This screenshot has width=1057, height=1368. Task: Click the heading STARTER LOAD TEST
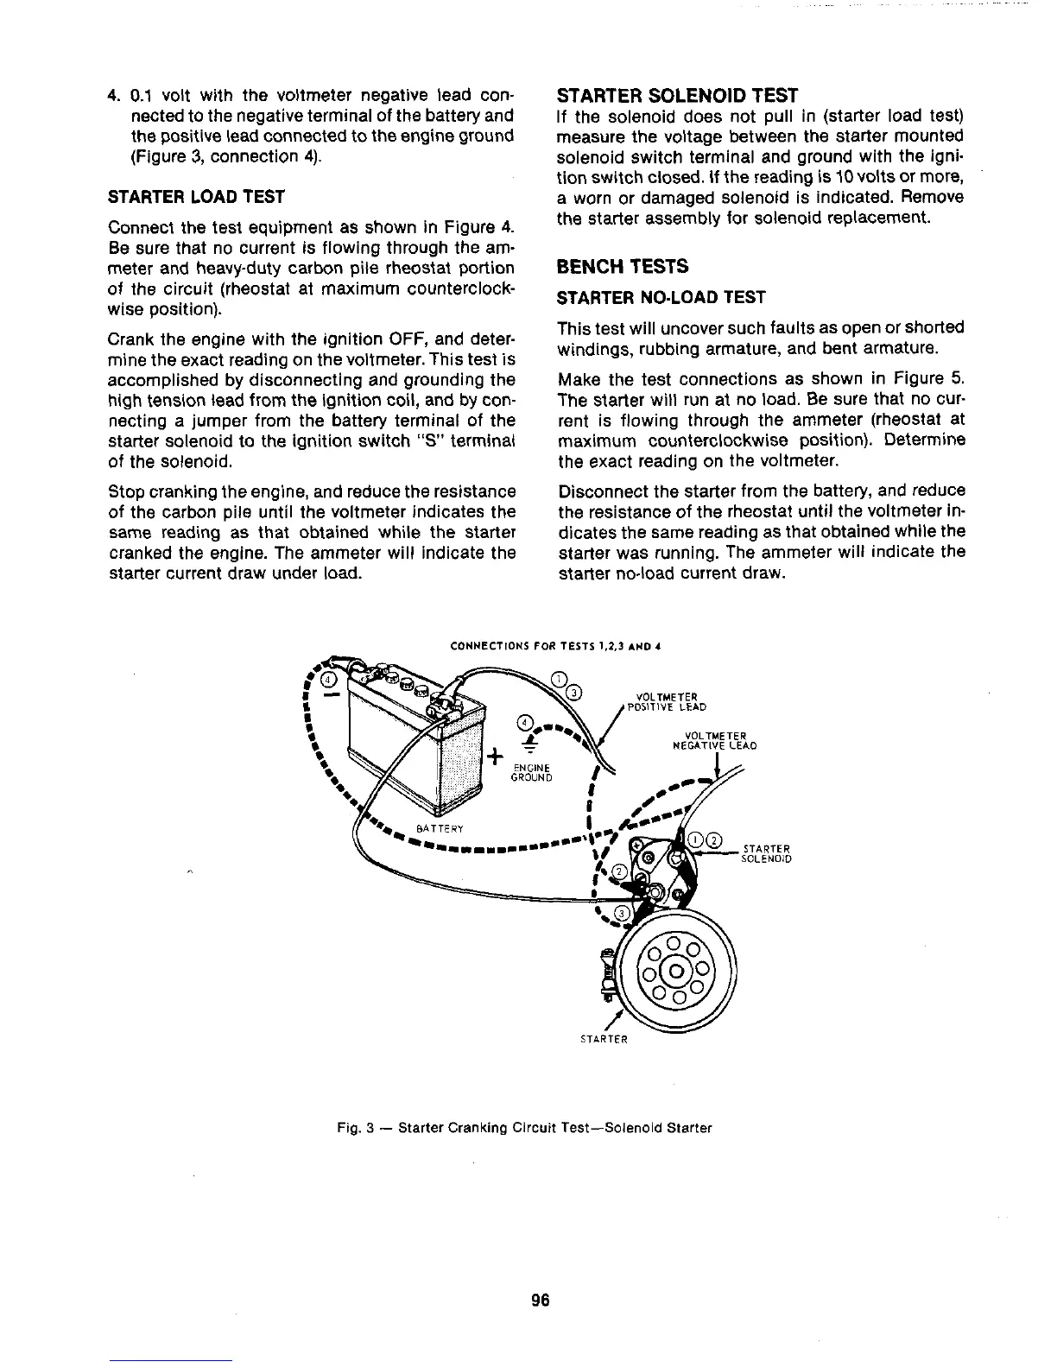click(x=196, y=197)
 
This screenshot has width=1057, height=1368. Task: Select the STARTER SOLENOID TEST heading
click(x=678, y=94)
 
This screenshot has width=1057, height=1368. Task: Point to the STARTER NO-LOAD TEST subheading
click(x=661, y=297)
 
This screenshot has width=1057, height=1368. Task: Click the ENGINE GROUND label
click(x=533, y=770)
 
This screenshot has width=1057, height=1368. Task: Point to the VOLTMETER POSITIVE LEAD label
click(x=666, y=702)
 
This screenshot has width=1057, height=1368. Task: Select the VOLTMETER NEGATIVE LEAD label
click(x=715, y=741)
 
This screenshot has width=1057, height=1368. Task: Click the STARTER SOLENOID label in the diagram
click(x=767, y=853)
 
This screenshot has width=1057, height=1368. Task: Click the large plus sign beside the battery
click(x=495, y=757)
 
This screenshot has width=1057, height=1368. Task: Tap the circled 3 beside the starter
click(x=620, y=915)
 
